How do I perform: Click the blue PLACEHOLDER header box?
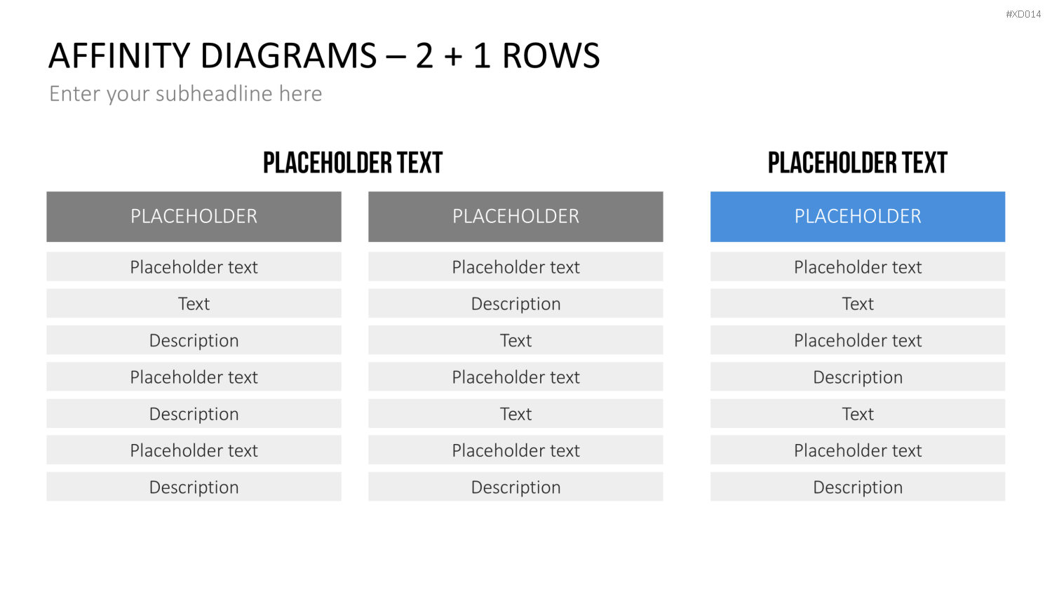pyautogui.click(x=858, y=217)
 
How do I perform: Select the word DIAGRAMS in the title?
pyautogui.click(x=288, y=55)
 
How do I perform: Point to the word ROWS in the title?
pyautogui.click(x=551, y=55)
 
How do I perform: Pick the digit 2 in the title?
pyautogui.click(x=424, y=55)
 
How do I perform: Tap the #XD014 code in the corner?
pyautogui.click(x=1023, y=14)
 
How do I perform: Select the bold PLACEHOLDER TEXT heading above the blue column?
pyautogui.click(x=858, y=163)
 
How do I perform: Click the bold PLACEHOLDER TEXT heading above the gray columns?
pyautogui.click(x=353, y=163)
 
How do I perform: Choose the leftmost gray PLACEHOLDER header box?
pyautogui.click(x=194, y=217)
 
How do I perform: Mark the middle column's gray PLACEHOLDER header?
pyautogui.click(x=515, y=217)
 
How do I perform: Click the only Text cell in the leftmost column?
pyautogui.click(x=194, y=304)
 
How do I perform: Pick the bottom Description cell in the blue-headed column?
pyautogui.click(x=858, y=487)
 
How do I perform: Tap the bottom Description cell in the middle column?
pyautogui.click(x=515, y=487)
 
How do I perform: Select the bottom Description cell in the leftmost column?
pyautogui.click(x=194, y=487)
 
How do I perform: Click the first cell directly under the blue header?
pyautogui.click(x=858, y=267)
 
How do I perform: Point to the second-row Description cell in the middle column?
pyautogui.click(x=515, y=304)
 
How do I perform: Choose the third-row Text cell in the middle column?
pyautogui.click(x=515, y=340)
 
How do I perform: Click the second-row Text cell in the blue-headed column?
pyautogui.click(x=858, y=304)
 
